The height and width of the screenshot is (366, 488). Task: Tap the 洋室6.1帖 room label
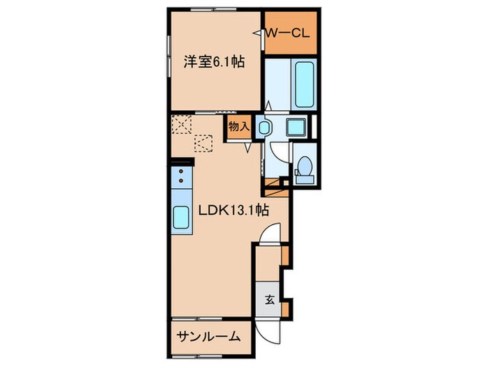click(x=213, y=62)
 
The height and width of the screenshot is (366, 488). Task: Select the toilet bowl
click(x=304, y=169)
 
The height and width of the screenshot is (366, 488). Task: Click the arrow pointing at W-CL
click(x=267, y=31)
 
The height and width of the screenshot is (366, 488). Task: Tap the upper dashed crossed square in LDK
click(x=183, y=124)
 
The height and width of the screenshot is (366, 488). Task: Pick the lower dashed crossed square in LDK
click(x=204, y=142)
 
